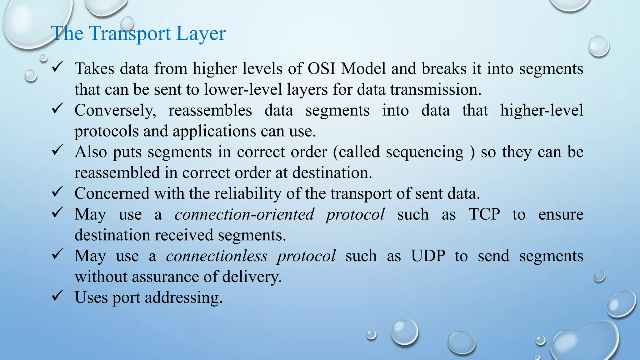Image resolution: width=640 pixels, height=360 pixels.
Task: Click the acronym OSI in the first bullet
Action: (322, 68)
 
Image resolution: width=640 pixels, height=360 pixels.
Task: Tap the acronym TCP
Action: (484, 214)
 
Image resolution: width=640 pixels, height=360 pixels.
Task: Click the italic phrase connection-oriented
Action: (244, 214)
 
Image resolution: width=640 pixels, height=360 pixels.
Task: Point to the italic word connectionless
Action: (217, 256)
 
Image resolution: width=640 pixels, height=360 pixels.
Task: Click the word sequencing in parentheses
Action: (424, 152)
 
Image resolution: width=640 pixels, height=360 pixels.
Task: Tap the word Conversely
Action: (115, 111)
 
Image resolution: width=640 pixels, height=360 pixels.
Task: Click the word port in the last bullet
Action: (126, 297)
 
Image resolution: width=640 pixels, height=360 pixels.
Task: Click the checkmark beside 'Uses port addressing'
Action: (57, 295)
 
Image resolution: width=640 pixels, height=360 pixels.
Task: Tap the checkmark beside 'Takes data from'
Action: (57, 66)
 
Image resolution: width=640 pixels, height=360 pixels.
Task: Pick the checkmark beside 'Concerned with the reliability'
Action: (57, 191)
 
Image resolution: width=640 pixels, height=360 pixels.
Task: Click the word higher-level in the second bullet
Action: (541, 111)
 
